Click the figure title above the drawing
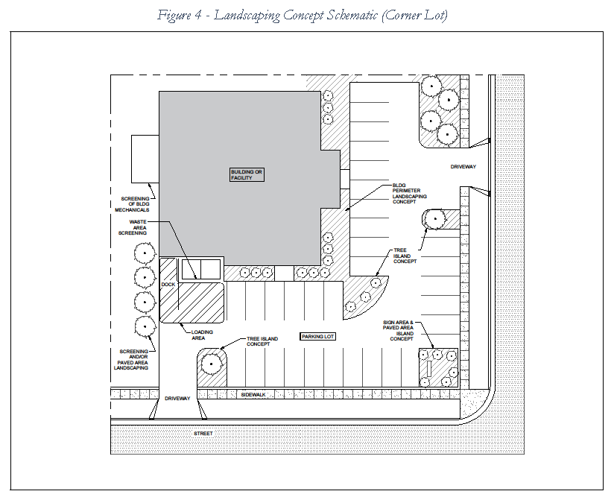pos(302,16)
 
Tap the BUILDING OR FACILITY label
pos(247,174)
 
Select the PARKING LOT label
pos(318,337)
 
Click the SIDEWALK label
pos(254,393)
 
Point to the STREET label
pos(203,433)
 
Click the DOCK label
pos(168,285)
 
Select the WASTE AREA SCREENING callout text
pos(138,227)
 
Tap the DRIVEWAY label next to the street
pos(178,399)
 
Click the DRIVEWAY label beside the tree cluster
pos(463,166)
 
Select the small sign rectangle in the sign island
pos(429,368)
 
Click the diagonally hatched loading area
pos(194,302)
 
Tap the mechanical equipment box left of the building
pos(145,159)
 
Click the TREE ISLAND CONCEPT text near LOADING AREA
pos(263,342)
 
